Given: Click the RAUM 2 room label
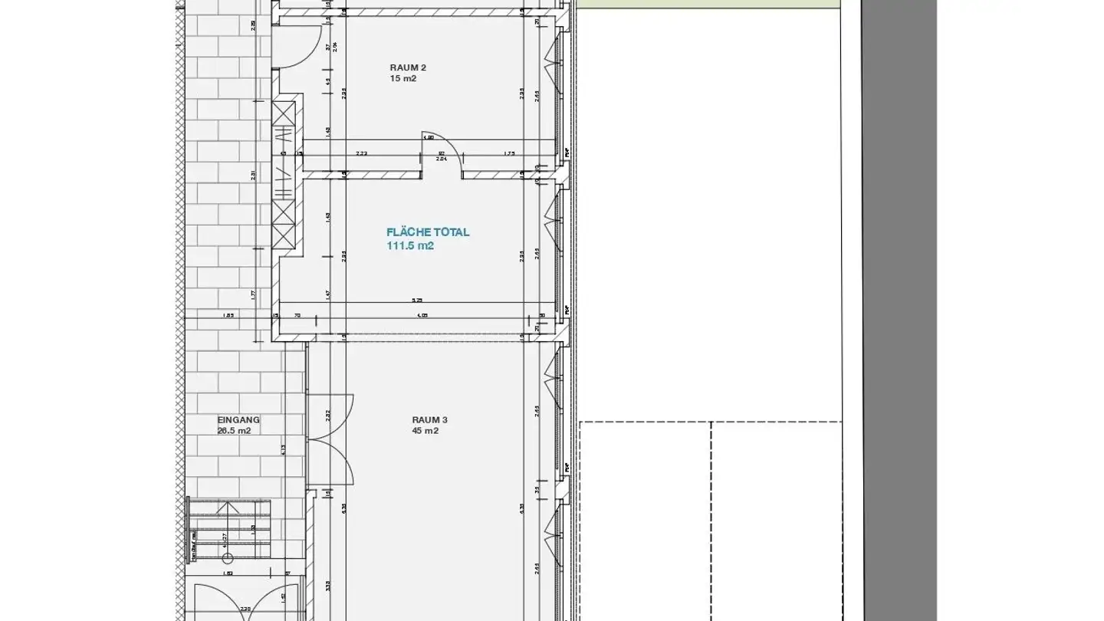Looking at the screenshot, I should [407, 67].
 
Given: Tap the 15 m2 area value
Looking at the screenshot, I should [402, 79].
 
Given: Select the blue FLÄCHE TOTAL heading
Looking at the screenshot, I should [428, 232].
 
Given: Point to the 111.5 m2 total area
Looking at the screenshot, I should [410, 246].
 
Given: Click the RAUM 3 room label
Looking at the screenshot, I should [429, 419].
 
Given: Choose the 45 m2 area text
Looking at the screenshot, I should [424, 431].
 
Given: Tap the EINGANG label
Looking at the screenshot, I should [238, 419].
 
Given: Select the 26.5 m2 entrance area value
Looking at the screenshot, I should [234, 431].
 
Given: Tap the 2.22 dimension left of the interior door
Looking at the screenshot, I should [361, 154].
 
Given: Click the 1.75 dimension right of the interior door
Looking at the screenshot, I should [509, 154].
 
